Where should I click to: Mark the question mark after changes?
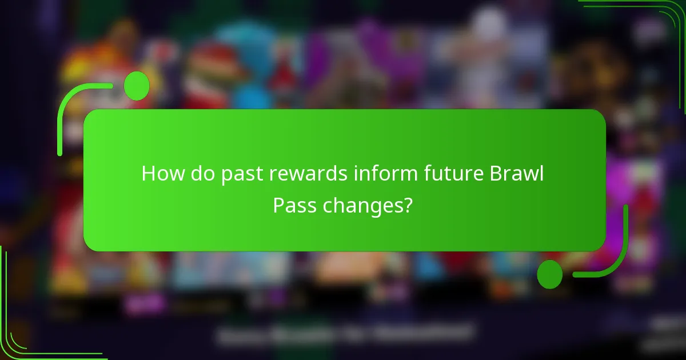tap(406, 205)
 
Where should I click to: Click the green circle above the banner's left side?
tap(137, 86)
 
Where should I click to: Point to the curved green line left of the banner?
tap(62, 120)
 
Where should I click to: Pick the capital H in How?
tap(149, 174)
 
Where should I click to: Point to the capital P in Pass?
tap(278, 205)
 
